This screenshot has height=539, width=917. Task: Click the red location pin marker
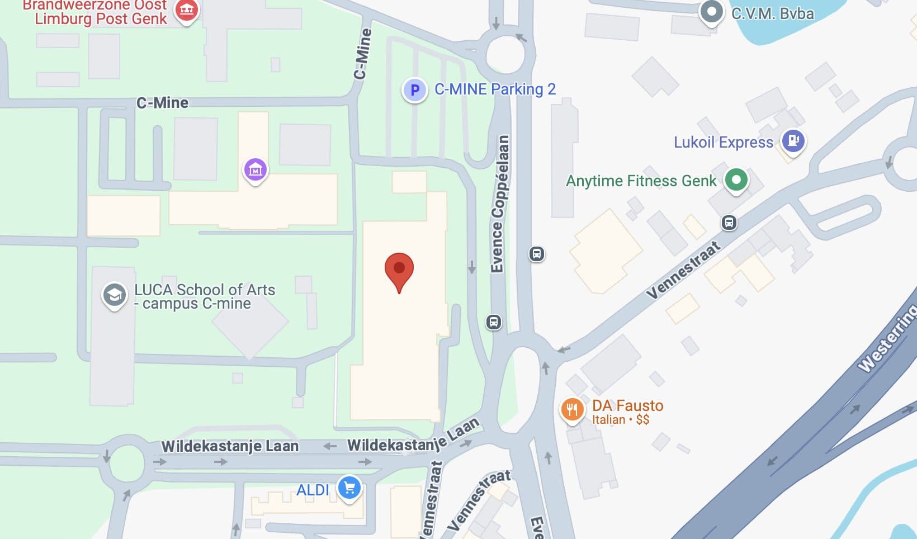399,270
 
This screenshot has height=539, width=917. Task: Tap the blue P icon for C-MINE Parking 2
415,89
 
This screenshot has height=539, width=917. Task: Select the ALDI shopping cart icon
349,488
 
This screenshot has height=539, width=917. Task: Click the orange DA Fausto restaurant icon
572,410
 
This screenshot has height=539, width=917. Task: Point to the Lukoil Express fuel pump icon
793,140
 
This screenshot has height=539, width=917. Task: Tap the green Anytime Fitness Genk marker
736,180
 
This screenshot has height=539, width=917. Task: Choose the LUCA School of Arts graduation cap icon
114,295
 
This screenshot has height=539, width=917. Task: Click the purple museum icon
255,169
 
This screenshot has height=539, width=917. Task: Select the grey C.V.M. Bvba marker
711,12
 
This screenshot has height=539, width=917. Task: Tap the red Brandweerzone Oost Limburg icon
186,10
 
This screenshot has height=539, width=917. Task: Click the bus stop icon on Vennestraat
729,223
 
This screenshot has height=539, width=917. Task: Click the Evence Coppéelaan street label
500,204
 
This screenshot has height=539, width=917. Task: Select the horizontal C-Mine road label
163,103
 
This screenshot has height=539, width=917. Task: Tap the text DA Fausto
627,405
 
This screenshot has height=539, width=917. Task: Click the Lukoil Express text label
723,142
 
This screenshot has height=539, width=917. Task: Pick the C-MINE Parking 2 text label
495,89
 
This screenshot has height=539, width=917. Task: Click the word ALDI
313,490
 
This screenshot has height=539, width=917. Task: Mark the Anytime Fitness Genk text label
641,181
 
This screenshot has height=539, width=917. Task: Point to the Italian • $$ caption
621,419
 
